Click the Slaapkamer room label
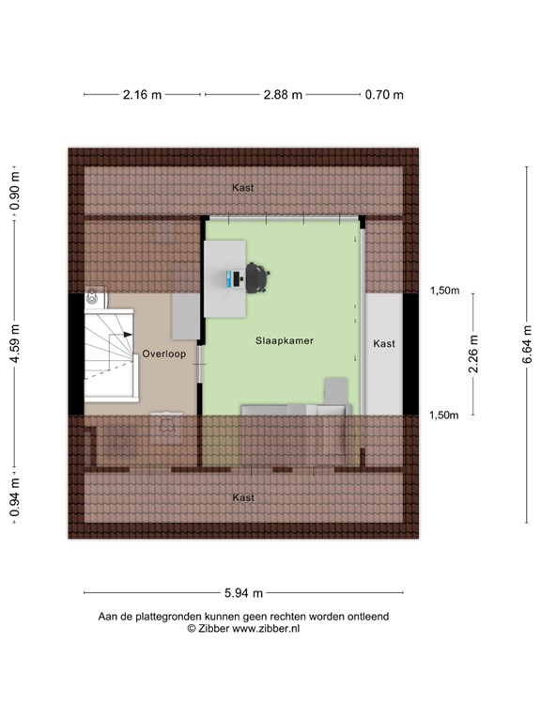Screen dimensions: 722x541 pyautogui.click(x=284, y=343)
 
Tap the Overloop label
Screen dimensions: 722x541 pyautogui.click(x=164, y=354)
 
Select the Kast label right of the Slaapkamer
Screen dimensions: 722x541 pyautogui.click(x=384, y=344)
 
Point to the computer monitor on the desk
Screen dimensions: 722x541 pyautogui.click(x=232, y=278)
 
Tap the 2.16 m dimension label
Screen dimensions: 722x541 pyautogui.click(x=141, y=94)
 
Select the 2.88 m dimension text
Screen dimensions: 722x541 pyautogui.click(x=283, y=94)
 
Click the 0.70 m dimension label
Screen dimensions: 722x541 pyautogui.click(x=384, y=94)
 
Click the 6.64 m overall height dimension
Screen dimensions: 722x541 pyautogui.click(x=527, y=343)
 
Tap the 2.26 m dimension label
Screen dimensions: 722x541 pyautogui.click(x=473, y=354)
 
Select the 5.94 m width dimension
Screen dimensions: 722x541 pyautogui.click(x=243, y=592)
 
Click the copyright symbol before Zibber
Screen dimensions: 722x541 pyautogui.click(x=191, y=628)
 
